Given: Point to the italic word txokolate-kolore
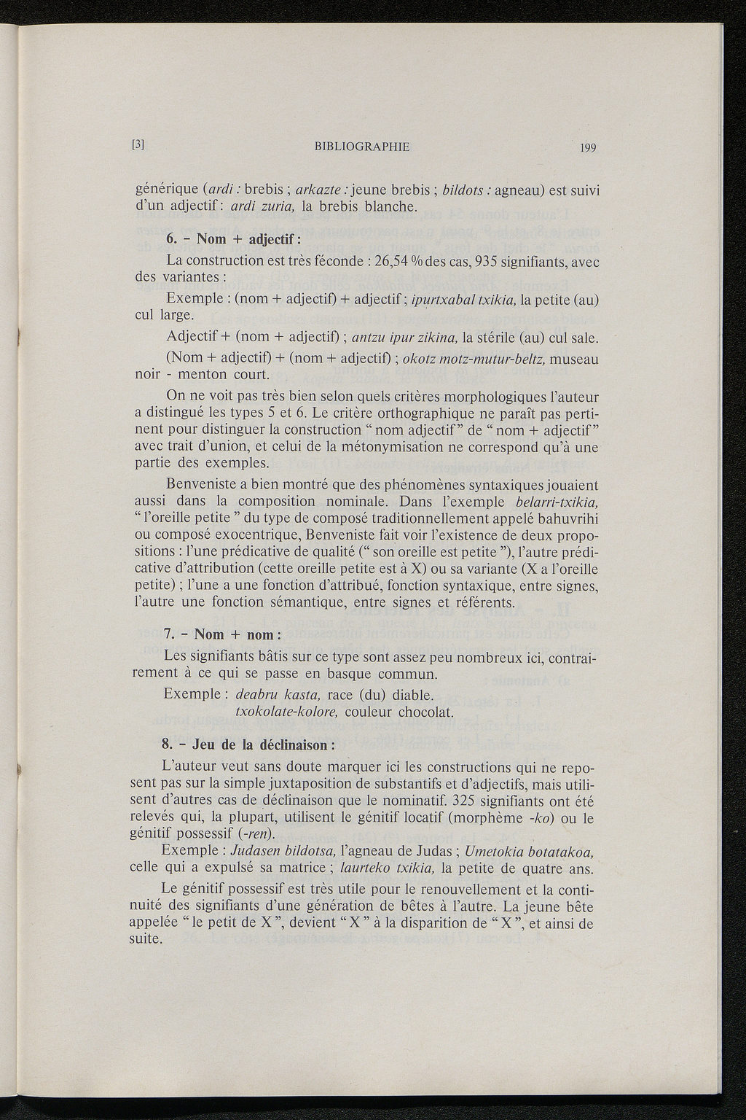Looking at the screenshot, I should (x=286, y=711).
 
